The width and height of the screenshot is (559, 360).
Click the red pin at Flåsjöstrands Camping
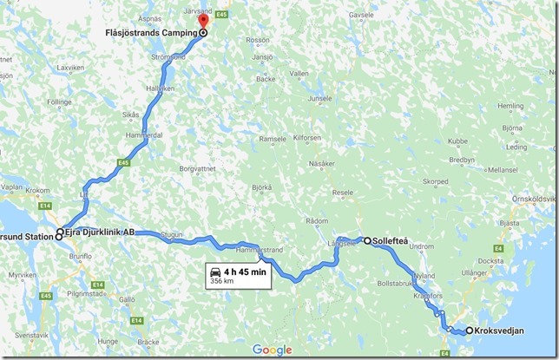[x=203, y=22]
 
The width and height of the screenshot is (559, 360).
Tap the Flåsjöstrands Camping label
[x=148, y=33]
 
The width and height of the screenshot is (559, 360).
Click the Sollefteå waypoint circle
[x=367, y=240]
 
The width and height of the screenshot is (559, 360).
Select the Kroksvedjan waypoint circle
[x=470, y=330]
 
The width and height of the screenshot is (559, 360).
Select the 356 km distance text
[x=222, y=282]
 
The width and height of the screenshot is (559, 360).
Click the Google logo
[x=272, y=350]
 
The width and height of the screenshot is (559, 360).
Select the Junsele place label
[x=319, y=99]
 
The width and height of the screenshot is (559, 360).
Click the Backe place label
[x=266, y=78]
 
